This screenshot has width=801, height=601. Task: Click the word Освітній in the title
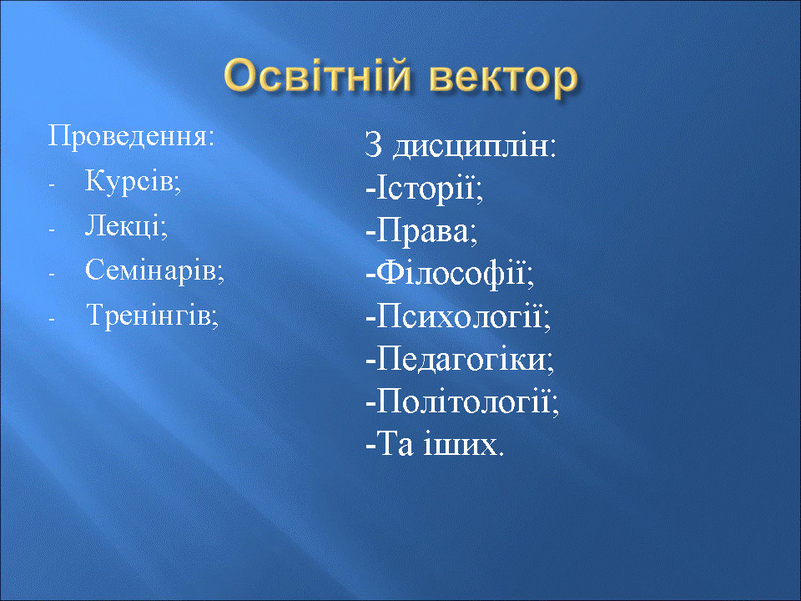[x=317, y=76]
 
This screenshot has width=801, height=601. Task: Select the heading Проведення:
[x=131, y=137]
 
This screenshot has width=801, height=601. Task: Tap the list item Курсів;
[x=133, y=181]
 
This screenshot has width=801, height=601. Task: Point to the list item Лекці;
[x=126, y=225]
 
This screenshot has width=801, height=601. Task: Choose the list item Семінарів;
[x=154, y=270]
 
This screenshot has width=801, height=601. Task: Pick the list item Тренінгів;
[x=152, y=315]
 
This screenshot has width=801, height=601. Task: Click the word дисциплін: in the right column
[x=474, y=146]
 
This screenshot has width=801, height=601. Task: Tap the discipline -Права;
[x=421, y=231]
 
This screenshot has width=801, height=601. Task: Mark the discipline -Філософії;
[x=450, y=274]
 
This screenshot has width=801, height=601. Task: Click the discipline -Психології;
[x=458, y=316]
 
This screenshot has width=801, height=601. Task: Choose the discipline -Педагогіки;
[x=460, y=359]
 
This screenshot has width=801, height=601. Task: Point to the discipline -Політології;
[x=462, y=402]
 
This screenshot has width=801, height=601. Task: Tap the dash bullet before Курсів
[x=51, y=185]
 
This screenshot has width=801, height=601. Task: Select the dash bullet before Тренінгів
[x=51, y=318]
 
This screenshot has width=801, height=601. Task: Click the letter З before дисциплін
[x=374, y=145]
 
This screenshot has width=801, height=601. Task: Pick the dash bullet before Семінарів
[x=51, y=274]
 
